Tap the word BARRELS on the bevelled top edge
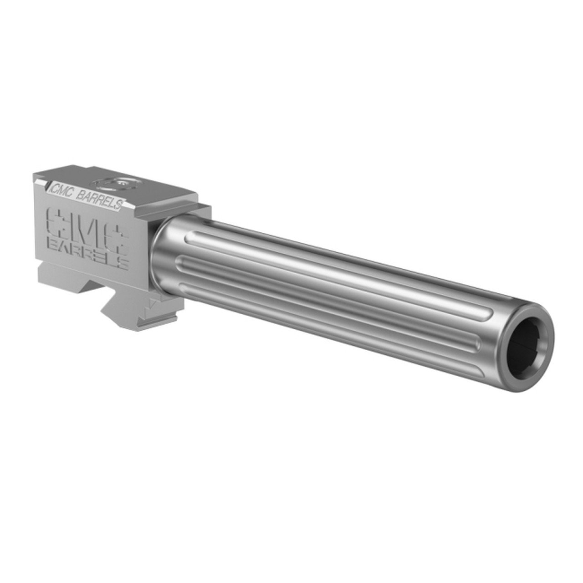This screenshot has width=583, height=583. [x=100, y=200]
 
